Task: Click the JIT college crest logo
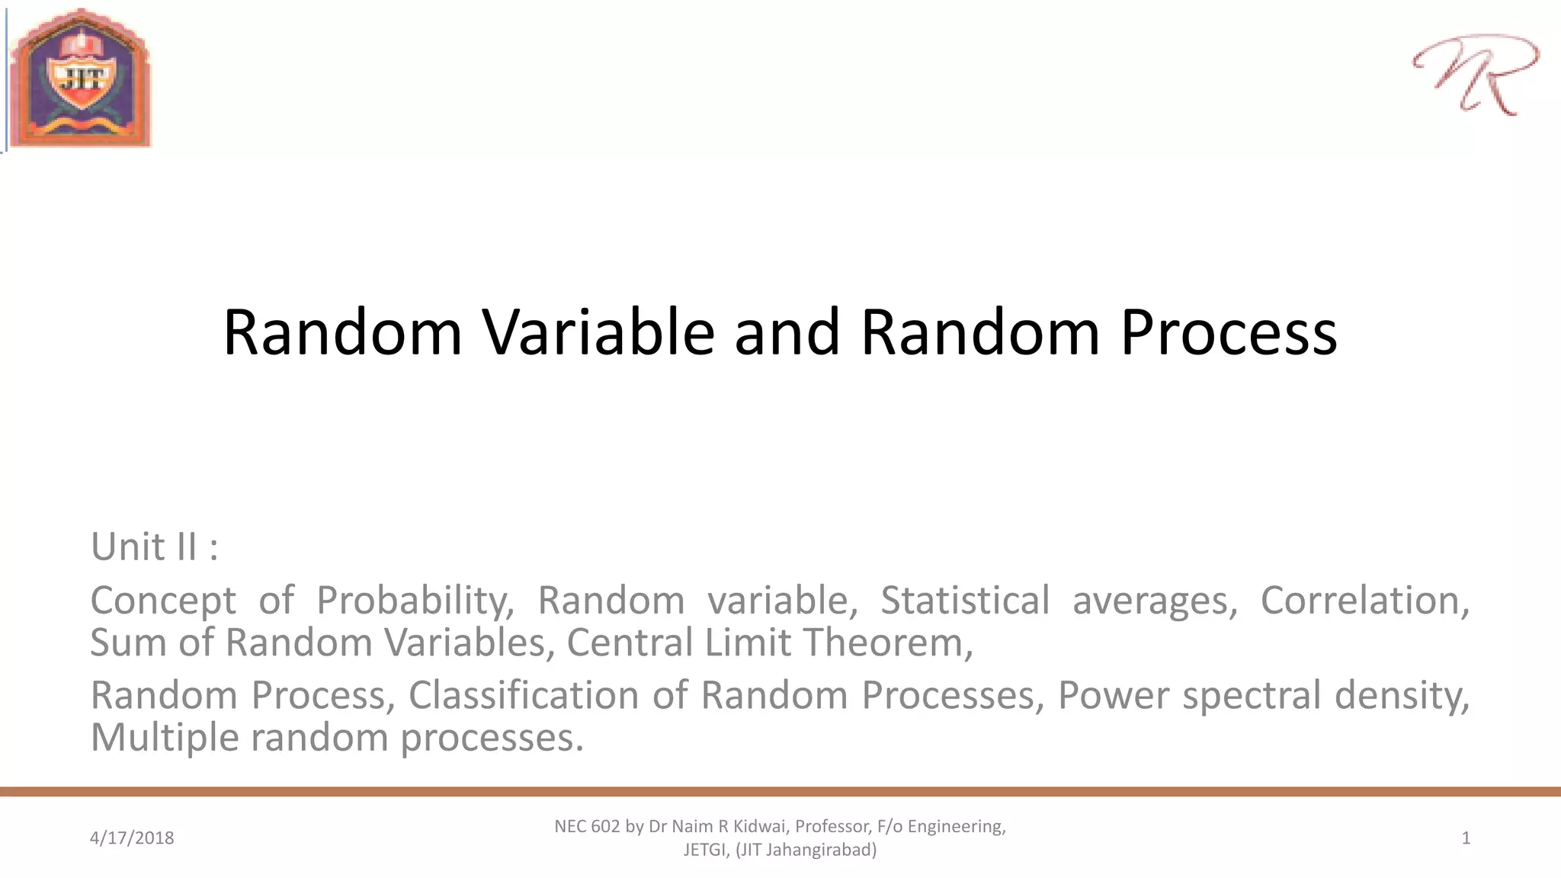(x=80, y=79)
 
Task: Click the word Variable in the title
(x=598, y=332)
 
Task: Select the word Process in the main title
(x=1228, y=332)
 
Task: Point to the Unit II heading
(x=155, y=546)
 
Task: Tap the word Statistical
(x=965, y=601)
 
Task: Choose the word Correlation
(x=1364, y=601)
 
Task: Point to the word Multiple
(x=165, y=738)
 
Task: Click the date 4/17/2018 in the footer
(x=132, y=838)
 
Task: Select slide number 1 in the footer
(x=1465, y=838)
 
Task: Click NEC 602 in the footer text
(x=587, y=826)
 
